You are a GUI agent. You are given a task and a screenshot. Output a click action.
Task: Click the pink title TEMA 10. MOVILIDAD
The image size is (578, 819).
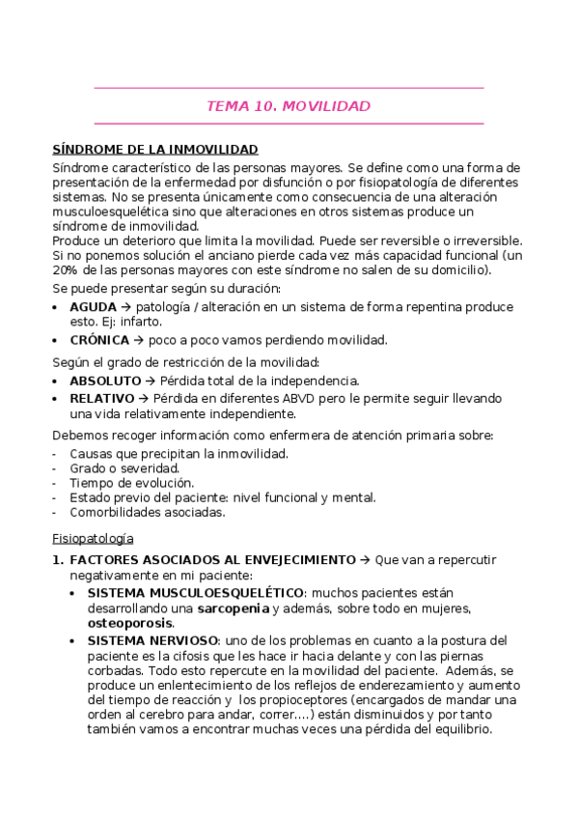pos(289,106)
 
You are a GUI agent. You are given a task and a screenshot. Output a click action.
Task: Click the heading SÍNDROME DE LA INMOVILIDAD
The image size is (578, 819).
pos(155,150)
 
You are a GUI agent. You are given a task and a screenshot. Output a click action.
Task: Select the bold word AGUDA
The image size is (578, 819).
pos(93,306)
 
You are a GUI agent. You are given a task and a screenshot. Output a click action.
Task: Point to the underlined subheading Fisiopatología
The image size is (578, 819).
pos(93,537)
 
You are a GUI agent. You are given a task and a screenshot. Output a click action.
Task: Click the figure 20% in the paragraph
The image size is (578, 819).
pos(67,269)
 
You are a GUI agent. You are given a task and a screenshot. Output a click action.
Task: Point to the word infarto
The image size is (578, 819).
pos(141,321)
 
